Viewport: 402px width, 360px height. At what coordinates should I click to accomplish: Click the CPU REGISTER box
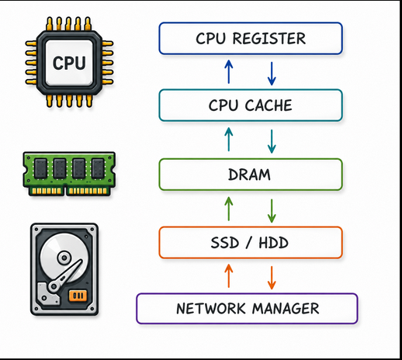[251, 39]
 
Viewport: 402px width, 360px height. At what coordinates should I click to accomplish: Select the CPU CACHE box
[251, 106]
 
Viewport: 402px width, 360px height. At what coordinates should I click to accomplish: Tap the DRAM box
[251, 175]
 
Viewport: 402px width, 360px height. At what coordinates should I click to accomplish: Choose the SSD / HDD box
[251, 243]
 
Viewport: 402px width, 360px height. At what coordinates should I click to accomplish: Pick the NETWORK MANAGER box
[247, 309]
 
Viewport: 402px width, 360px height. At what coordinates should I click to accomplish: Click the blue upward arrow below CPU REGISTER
[229, 71]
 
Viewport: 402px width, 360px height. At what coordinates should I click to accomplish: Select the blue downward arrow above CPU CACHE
[272, 74]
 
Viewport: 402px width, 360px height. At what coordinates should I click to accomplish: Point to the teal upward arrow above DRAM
[229, 140]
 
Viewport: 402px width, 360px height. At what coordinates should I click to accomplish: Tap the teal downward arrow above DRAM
[272, 141]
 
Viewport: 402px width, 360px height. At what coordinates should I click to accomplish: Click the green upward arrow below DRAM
[229, 209]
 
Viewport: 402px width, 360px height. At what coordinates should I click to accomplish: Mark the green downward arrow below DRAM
[272, 211]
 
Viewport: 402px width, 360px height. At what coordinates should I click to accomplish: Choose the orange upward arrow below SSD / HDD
[229, 275]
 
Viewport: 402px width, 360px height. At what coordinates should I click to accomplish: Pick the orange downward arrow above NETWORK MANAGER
[272, 278]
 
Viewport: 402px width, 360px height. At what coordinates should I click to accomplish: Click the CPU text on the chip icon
[69, 63]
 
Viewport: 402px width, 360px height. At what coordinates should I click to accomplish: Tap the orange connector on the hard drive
[78, 296]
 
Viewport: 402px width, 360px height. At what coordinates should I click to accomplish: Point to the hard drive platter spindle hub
[64, 258]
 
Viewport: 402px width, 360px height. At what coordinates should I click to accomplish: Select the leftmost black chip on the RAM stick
[41, 169]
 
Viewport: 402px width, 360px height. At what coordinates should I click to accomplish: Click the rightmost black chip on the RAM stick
[99, 169]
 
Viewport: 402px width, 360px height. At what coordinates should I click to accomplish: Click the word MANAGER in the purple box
[286, 309]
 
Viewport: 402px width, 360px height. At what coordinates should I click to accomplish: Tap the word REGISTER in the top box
[269, 39]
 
